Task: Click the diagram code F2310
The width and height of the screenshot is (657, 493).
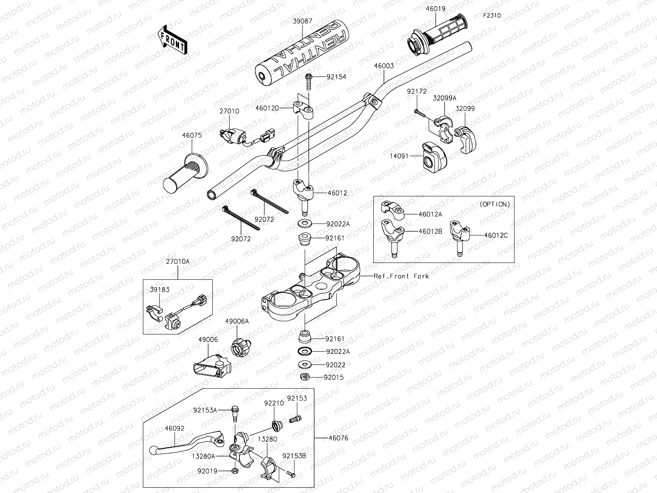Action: (492, 16)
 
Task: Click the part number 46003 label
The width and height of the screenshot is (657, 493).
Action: (384, 66)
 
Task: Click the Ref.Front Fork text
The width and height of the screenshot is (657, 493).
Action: (401, 276)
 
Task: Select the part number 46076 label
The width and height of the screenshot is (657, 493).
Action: (338, 438)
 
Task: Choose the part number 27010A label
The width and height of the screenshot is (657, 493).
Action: (178, 261)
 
